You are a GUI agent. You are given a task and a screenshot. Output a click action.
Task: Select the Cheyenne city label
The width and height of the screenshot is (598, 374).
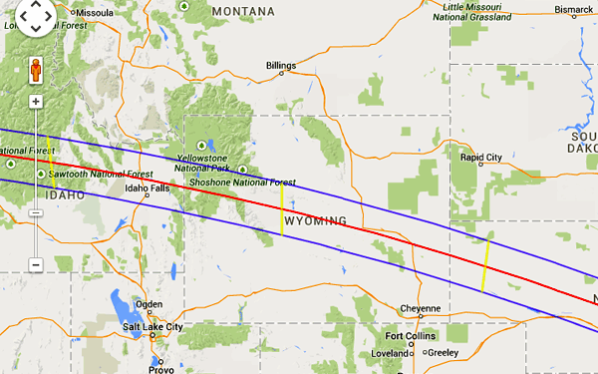pyautogui.click(x=419, y=308)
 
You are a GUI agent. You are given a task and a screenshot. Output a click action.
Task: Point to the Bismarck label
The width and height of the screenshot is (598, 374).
pyautogui.click(x=573, y=9)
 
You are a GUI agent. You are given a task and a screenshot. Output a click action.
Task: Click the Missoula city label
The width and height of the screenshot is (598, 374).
pyautogui.click(x=94, y=13)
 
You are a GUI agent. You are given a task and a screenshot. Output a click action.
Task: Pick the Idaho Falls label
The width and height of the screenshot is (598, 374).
pyautogui.click(x=146, y=187)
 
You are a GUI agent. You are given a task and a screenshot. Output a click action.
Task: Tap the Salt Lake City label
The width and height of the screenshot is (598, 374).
pyautogui.click(x=152, y=326)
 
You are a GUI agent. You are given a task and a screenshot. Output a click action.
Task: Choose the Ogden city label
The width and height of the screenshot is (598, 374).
pyautogui.click(x=149, y=304)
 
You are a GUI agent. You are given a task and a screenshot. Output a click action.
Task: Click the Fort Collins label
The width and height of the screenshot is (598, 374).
pyautogui.click(x=410, y=336)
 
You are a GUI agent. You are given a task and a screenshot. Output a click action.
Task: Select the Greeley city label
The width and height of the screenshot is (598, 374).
pyautogui.click(x=443, y=352)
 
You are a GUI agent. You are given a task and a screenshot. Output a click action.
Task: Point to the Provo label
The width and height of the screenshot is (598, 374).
pyautogui.click(x=160, y=369)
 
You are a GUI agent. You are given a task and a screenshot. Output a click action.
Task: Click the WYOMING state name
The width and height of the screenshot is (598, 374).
pyautogui.click(x=315, y=220)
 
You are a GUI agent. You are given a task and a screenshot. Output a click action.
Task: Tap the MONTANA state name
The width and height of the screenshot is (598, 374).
pyautogui.click(x=242, y=11)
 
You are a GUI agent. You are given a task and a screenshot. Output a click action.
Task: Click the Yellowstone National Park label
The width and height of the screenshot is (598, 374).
pyautogui.click(x=201, y=165)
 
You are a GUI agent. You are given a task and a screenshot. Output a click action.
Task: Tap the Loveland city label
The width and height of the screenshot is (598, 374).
pyautogui.click(x=391, y=353)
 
